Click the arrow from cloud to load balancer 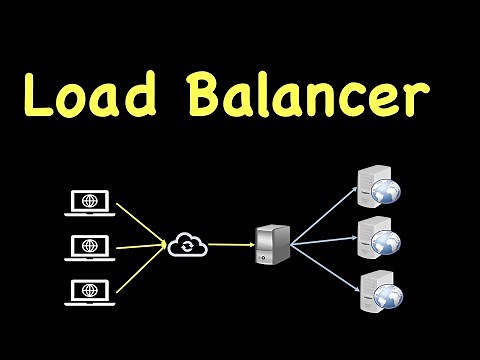tap(229, 243)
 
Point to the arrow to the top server tap(325, 213)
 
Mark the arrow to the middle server tap(325, 239)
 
